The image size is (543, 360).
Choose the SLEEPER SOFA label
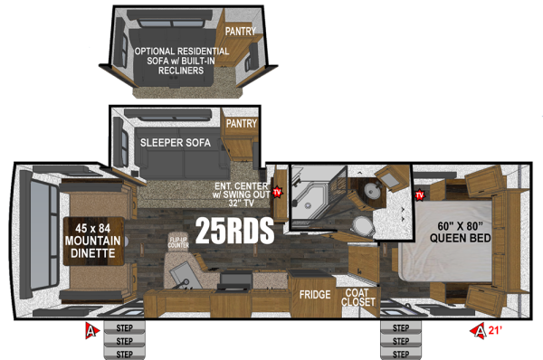[176, 143]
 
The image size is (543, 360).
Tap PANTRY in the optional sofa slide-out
[241, 31]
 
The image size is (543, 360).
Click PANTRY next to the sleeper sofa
[242, 123]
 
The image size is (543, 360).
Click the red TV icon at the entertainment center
[278, 192]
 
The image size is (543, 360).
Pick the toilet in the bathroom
[362, 224]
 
